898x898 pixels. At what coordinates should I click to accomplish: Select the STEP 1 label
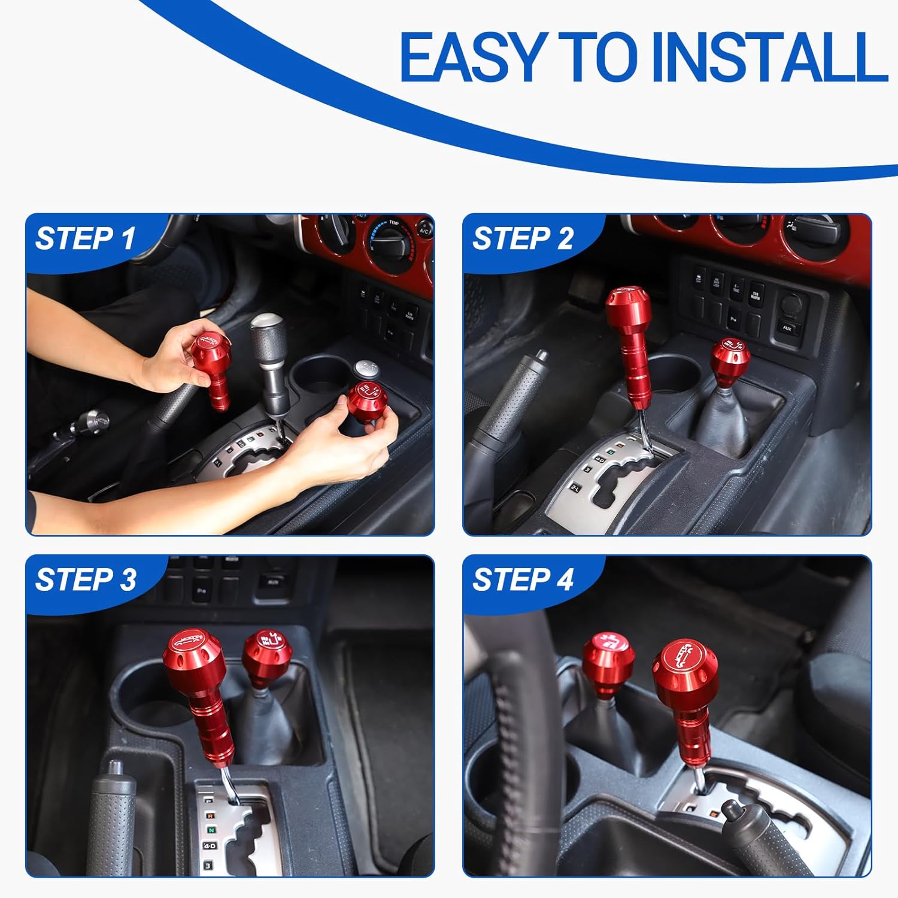pyautogui.click(x=86, y=238)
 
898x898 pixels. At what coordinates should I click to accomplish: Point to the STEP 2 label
pyautogui.click(x=523, y=238)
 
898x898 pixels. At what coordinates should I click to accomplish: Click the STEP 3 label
pyautogui.click(x=86, y=580)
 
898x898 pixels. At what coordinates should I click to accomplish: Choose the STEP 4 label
pyautogui.click(x=523, y=580)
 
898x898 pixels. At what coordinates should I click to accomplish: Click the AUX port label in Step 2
pyautogui.click(x=788, y=328)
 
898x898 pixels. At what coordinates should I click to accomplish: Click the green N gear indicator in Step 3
pyautogui.click(x=211, y=830)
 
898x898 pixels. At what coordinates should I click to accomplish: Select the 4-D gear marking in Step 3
pyautogui.click(x=209, y=845)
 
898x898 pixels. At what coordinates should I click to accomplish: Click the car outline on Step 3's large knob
pyautogui.click(x=189, y=642)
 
